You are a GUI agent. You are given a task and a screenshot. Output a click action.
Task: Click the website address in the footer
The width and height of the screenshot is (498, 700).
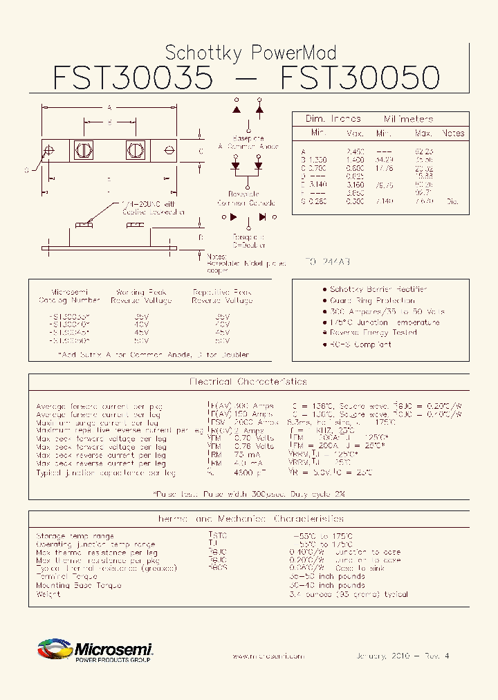point(268,656)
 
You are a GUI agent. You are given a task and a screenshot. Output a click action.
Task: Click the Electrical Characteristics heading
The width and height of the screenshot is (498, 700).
point(248,382)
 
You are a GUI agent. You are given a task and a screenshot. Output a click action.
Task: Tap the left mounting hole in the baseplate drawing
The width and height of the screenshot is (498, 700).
point(48,150)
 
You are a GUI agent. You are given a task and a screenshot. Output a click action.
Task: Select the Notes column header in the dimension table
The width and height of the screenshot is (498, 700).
point(453,133)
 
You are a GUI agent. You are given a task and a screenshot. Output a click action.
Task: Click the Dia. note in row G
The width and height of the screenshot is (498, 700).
point(452,202)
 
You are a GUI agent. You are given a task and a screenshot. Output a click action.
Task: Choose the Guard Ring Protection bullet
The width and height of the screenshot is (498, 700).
point(372,300)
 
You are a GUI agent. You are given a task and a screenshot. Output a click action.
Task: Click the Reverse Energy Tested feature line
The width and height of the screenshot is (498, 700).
point(373,333)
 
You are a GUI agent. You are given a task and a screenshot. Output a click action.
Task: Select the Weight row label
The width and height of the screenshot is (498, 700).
point(48,594)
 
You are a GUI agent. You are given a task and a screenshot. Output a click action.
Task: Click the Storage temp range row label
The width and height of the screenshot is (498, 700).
point(75,536)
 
